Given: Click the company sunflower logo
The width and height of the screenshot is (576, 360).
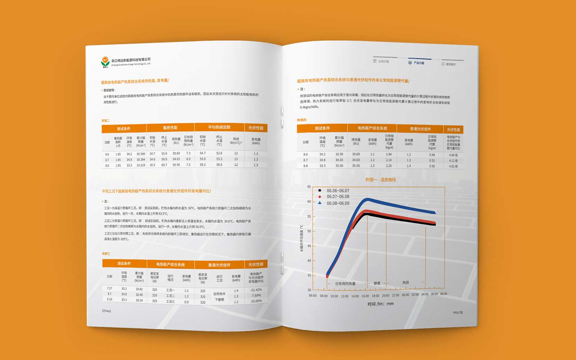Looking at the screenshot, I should (x=105, y=62).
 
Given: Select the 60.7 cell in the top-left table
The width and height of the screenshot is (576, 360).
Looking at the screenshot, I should (x=164, y=165).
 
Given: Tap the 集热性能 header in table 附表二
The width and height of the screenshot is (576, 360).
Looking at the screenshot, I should (x=170, y=128).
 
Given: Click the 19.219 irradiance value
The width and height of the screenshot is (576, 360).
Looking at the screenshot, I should (x=141, y=165).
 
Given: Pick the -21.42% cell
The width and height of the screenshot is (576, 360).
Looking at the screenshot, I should (x=256, y=290).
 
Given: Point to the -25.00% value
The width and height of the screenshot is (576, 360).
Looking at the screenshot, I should (x=256, y=301).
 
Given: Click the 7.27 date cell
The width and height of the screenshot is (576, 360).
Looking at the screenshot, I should (x=109, y=288).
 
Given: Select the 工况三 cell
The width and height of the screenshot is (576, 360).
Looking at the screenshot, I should (x=170, y=301).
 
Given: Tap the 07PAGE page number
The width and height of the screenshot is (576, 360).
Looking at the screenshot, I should (x=107, y=311).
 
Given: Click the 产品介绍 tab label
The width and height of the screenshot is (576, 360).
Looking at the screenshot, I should (x=419, y=63).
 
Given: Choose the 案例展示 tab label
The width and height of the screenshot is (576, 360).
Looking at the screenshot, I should (x=451, y=64).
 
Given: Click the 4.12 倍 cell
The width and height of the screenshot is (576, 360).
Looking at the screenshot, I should (x=453, y=161).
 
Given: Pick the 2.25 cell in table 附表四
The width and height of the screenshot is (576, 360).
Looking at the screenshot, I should (x=389, y=166).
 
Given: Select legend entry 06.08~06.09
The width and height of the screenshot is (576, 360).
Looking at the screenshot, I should (x=338, y=203).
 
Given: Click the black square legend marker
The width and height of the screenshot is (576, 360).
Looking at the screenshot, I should (x=320, y=190).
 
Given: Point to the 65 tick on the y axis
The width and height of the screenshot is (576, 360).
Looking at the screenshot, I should (x=309, y=187).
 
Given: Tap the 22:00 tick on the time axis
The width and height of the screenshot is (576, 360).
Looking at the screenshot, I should (x=395, y=295).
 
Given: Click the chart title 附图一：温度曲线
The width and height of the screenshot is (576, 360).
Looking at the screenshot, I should (x=381, y=180).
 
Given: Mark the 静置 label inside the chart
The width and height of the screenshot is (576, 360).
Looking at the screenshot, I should (x=377, y=283).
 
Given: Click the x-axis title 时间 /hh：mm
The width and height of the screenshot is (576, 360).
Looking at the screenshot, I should (x=381, y=304).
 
